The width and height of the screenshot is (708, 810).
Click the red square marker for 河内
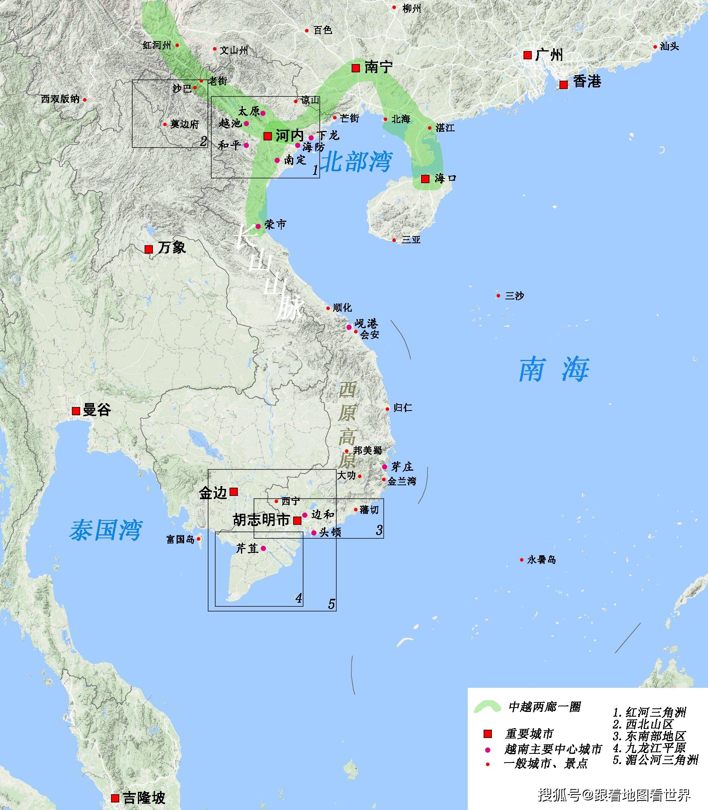click(267, 136)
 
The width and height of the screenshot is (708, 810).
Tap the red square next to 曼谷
click(76, 411)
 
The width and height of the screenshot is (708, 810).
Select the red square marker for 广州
click(527, 55)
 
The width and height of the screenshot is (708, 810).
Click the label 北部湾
click(356, 162)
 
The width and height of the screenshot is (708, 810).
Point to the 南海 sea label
click(554, 369)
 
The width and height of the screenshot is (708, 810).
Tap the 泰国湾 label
click(106, 530)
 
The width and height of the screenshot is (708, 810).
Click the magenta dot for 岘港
click(349, 327)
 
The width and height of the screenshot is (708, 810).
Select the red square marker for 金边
click(233, 492)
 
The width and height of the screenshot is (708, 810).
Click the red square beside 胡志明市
click(297, 520)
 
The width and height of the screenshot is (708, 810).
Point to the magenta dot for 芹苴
click(263, 548)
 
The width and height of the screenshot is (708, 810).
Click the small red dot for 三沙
click(498, 296)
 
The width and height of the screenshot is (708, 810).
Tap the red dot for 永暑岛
click(522, 560)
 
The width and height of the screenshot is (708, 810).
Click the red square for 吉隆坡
click(115, 798)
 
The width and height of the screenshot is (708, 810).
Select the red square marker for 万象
click(149, 249)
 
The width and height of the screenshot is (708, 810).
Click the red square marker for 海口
click(425, 179)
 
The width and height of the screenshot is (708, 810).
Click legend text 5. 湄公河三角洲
click(655, 760)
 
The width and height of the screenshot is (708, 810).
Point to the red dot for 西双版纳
click(85, 100)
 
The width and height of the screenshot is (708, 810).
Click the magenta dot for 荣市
click(258, 226)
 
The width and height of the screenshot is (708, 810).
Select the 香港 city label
click(587, 82)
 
